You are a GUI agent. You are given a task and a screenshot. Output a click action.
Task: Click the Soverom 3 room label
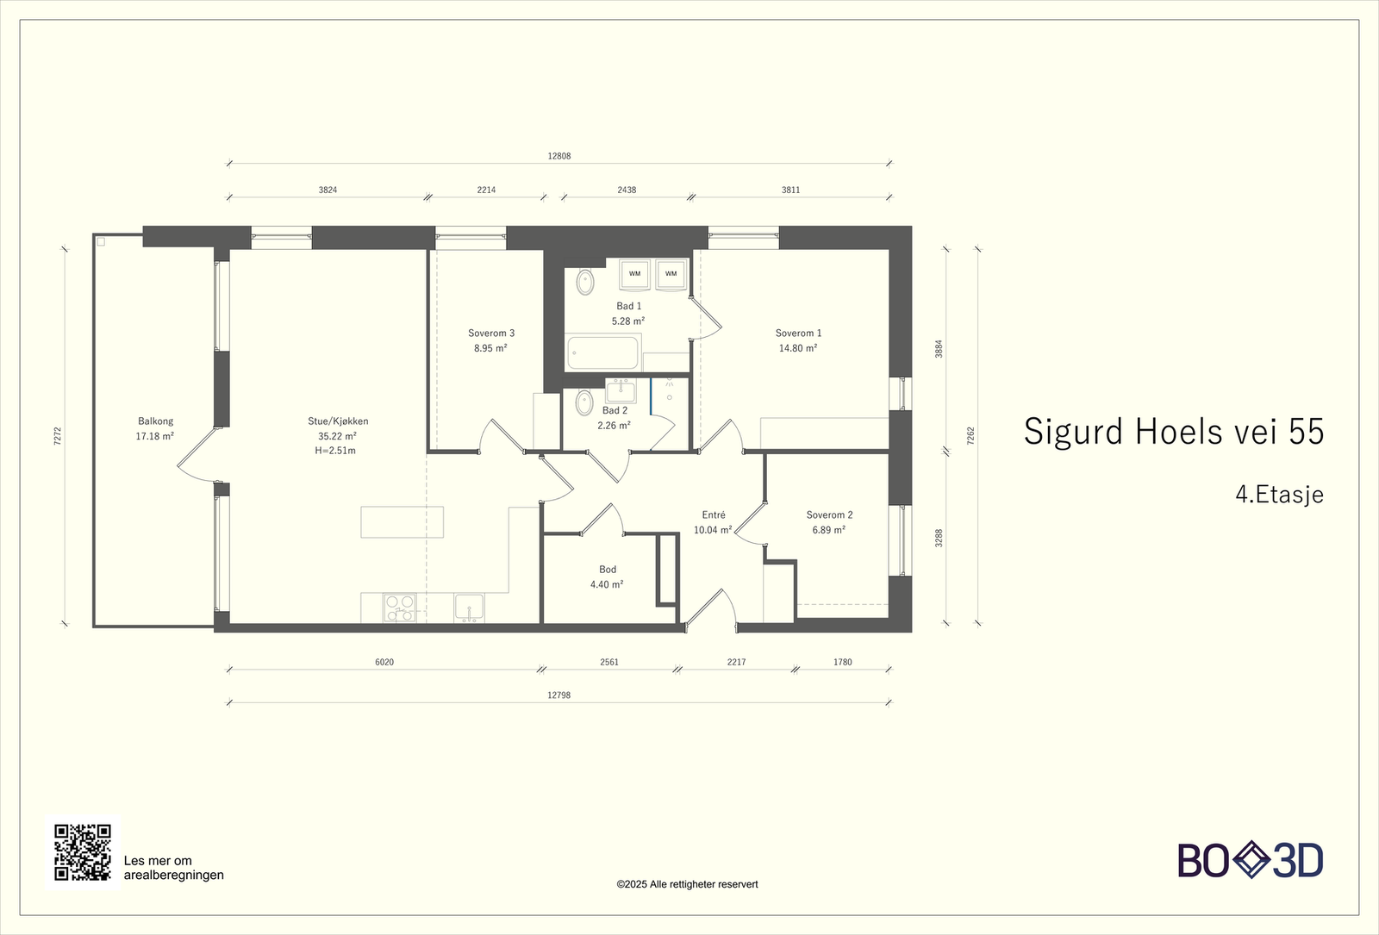[x=490, y=333]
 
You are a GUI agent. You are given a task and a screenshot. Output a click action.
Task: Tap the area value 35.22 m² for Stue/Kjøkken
[x=337, y=436]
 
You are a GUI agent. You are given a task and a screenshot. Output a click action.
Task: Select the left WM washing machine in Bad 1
[x=634, y=274]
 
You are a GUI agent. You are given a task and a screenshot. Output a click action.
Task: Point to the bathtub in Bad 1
[x=602, y=352]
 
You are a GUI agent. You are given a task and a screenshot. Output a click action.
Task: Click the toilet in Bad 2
[x=584, y=403]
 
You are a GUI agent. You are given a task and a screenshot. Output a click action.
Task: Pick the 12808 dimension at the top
[x=559, y=156]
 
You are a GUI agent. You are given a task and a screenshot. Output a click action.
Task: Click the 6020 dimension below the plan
[x=384, y=663]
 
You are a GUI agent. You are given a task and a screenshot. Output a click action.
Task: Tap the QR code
[x=83, y=852]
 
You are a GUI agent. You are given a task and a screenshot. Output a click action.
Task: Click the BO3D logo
[x=1251, y=861]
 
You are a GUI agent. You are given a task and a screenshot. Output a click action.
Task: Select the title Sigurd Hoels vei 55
[x=1173, y=431]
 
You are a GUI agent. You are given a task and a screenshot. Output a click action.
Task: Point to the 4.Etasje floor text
[x=1279, y=495]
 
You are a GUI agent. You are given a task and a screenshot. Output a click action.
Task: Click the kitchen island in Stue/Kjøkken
[x=402, y=522]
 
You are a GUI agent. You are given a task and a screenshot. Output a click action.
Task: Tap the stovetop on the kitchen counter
[x=400, y=608]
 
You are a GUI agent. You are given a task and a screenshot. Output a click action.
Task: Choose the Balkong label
[x=155, y=421]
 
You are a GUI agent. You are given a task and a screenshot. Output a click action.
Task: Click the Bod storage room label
[x=608, y=570]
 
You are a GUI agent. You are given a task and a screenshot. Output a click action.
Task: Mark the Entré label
[x=714, y=514]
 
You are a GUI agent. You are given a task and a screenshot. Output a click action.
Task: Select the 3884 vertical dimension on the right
[x=939, y=349]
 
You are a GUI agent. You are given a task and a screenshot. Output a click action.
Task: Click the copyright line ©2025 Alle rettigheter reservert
[x=687, y=884]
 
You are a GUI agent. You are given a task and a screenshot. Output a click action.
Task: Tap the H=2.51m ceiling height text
[x=335, y=451]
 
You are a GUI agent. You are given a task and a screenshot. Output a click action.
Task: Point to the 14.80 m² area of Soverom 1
[x=798, y=348]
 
